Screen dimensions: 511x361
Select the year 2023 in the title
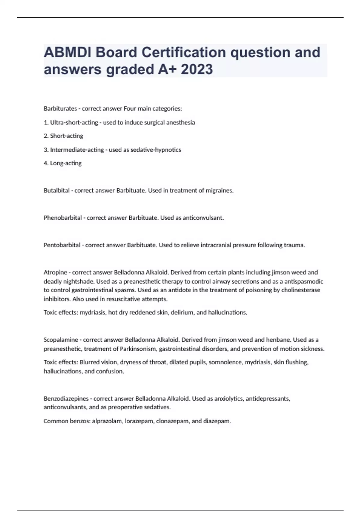click(x=197, y=69)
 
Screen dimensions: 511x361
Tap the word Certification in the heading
click(x=184, y=52)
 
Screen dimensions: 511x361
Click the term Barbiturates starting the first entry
click(x=60, y=109)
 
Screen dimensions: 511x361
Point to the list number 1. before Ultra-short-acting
click(x=46, y=123)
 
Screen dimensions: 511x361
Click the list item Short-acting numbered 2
click(x=66, y=136)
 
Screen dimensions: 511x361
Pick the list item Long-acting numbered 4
click(x=66, y=163)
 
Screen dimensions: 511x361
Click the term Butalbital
click(x=57, y=191)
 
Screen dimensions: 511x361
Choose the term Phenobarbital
click(x=63, y=218)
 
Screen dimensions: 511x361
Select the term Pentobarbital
click(x=62, y=245)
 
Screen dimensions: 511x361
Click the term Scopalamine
click(x=61, y=340)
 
